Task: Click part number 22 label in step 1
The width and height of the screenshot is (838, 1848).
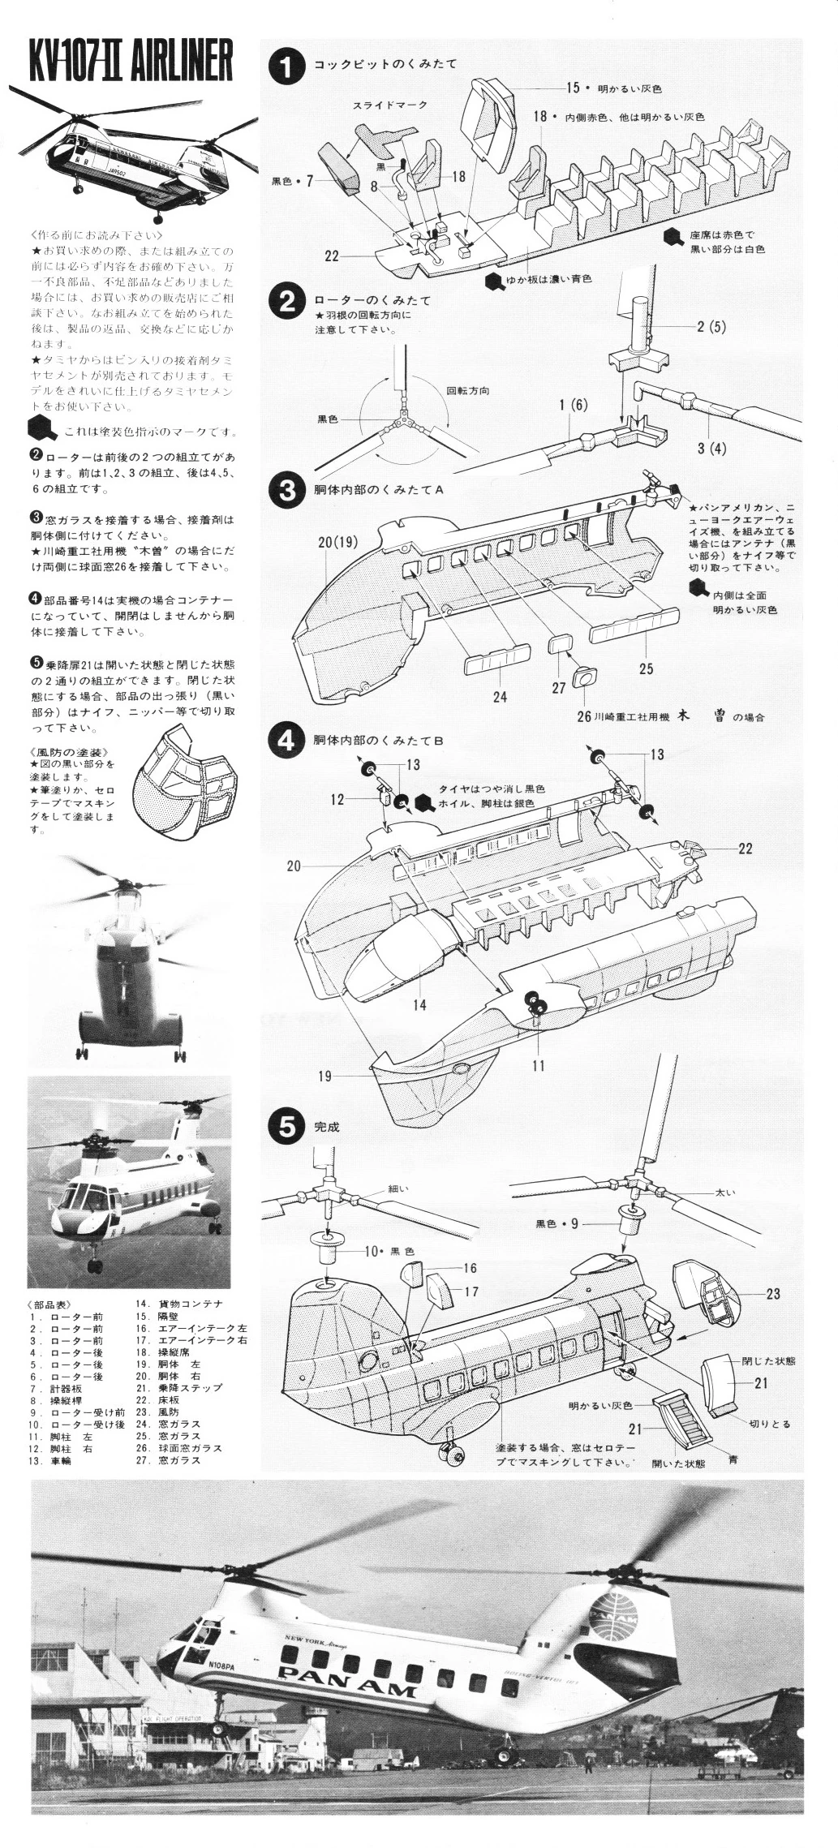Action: [x=331, y=256]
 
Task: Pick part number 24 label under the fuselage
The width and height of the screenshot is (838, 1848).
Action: [x=500, y=697]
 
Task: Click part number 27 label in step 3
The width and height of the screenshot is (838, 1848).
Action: [x=558, y=688]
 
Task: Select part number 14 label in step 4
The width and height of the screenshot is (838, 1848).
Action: [x=419, y=1004]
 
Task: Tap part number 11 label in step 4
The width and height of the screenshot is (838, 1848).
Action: [x=539, y=1065]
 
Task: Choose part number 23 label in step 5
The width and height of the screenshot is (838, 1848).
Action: [x=772, y=1293]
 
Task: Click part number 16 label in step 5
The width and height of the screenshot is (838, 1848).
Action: [x=470, y=1268]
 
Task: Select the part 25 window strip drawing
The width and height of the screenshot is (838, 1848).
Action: [x=634, y=623]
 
